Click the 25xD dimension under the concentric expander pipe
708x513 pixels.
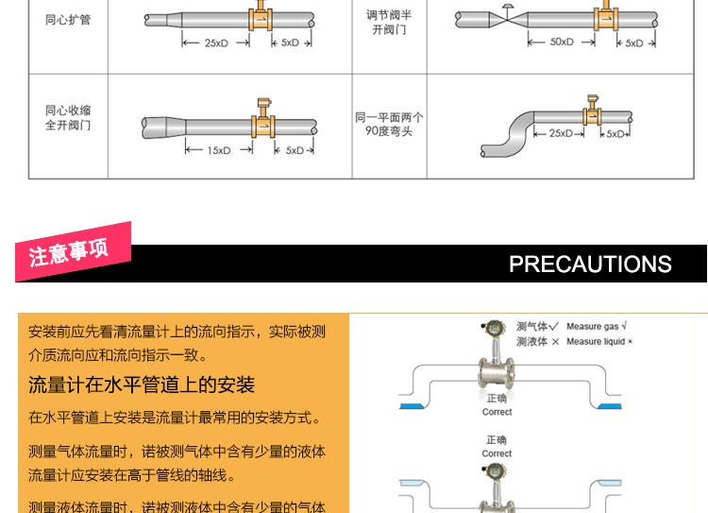point(215,43)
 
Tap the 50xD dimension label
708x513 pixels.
point(562,43)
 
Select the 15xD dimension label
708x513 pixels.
point(219,150)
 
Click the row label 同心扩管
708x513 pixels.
point(67,19)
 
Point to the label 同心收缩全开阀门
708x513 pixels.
point(67,118)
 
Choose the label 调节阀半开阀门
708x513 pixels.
point(389,22)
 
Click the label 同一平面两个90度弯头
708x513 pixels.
point(389,124)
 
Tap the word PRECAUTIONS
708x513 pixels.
point(590,264)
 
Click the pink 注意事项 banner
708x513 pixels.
point(70,252)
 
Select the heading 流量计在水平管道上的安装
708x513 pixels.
point(142,385)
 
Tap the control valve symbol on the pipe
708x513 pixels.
point(507,13)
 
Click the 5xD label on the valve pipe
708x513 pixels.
point(633,43)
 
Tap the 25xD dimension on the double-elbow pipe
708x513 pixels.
point(561,133)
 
